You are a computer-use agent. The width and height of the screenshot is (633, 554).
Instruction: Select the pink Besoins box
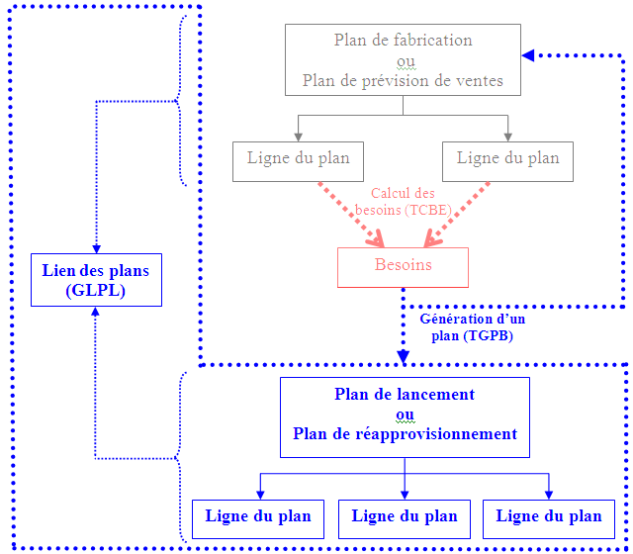[403, 266]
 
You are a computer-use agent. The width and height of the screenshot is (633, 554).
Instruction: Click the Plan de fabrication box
[403, 60]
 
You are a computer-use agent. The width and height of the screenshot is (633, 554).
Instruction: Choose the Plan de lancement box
[404, 415]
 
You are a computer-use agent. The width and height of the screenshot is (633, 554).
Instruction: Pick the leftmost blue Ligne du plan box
[258, 518]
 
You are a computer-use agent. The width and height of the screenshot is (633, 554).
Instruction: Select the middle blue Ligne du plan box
[404, 518]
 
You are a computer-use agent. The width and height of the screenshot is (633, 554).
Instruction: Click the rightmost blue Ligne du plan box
[548, 518]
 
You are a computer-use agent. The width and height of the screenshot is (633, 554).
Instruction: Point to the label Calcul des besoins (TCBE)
[403, 202]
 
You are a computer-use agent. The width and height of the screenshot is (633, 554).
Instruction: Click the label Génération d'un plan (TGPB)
[473, 327]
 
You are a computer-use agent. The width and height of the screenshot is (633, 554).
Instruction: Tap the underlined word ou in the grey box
[403, 61]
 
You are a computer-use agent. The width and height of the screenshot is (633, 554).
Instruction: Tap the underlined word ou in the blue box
[404, 415]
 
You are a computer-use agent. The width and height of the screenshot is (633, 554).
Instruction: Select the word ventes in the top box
[481, 81]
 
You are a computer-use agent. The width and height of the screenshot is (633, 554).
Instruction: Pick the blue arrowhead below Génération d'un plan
[404, 355]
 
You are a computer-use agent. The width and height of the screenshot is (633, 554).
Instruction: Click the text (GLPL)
[96, 291]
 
